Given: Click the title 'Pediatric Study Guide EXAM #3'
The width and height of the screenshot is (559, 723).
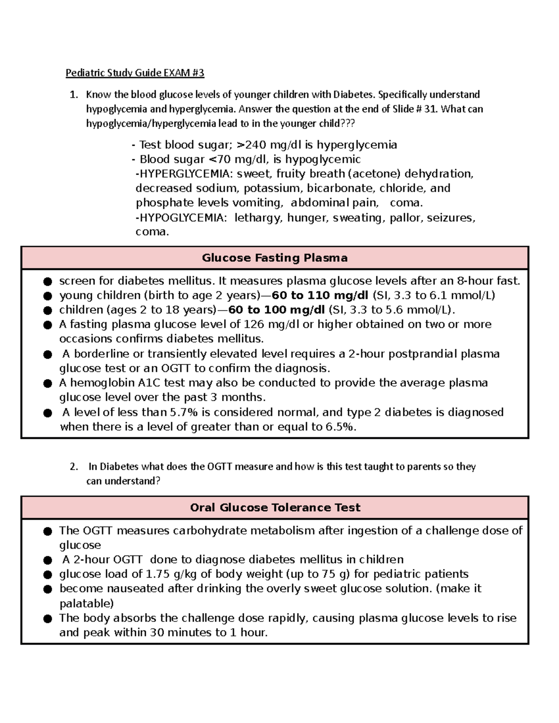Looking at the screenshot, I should pos(135,73).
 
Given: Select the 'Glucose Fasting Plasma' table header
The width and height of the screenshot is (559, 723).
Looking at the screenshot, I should pos(274,258).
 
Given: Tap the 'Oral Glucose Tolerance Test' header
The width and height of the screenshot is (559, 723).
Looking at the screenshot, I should pos(275,507).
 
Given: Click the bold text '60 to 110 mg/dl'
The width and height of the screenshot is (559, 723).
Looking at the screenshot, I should pos(320,296).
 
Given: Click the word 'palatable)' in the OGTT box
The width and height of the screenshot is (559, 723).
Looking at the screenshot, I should pos(86,603).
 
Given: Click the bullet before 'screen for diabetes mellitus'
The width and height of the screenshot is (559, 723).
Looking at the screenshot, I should pos(47,282).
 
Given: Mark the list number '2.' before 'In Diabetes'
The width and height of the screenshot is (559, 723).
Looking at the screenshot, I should pos(74,467).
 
